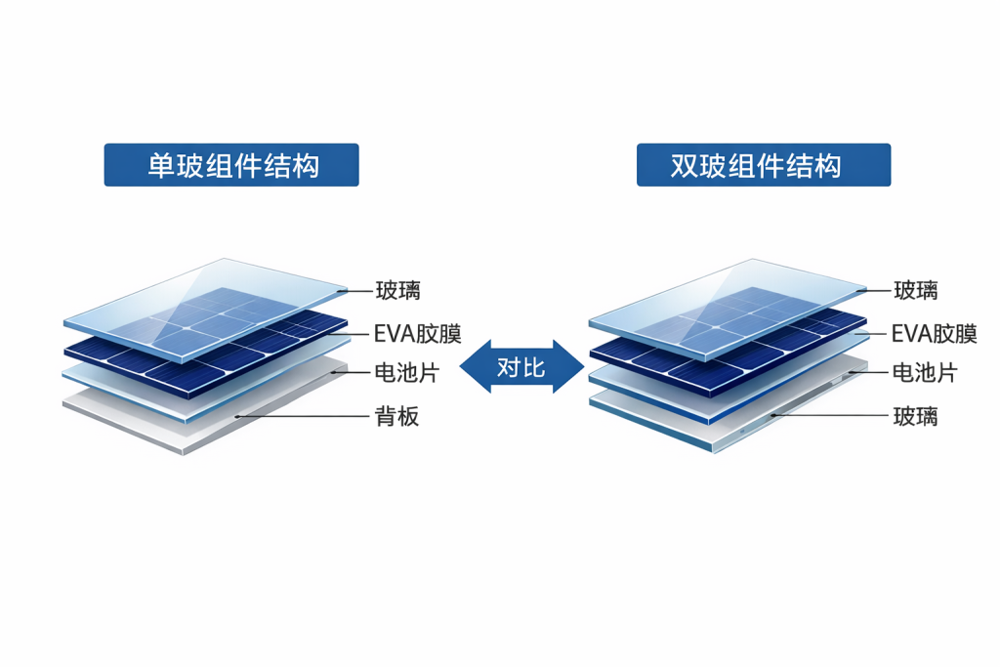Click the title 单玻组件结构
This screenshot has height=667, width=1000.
pyautogui.click(x=233, y=166)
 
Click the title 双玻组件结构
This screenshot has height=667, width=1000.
pyautogui.click(x=756, y=166)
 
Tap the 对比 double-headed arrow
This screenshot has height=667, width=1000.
pyautogui.click(x=521, y=366)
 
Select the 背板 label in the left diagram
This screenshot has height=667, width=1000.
pyautogui.click(x=396, y=416)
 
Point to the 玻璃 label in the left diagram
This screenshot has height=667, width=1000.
pyautogui.click(x=398, y=291)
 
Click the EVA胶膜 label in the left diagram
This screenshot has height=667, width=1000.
pyautogui.click(x=417, y=334)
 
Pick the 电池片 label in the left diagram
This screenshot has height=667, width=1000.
pyautogui.click(x=407, y=372)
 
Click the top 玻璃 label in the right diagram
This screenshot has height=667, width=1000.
pyautogui.click(x=916, y=291)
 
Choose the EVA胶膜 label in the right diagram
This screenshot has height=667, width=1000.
pyautogui.click(x=935, y=334)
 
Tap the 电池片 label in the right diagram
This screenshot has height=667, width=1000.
pyautogui.click(x=925, y=372)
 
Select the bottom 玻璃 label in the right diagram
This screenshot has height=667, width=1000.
pyautogui.click(x=916, y=416)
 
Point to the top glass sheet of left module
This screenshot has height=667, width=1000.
pyautogui.click(x=205, y=309)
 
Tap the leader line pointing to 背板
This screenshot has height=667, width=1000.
pyautogui.click(x=303, y=416)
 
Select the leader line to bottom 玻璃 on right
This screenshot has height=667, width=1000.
pyautogui.click(x=830, y=415)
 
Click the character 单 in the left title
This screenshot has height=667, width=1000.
pyautogui.click(x=161, y=166)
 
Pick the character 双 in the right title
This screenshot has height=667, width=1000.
pyautogui.click(x=684, y=166)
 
